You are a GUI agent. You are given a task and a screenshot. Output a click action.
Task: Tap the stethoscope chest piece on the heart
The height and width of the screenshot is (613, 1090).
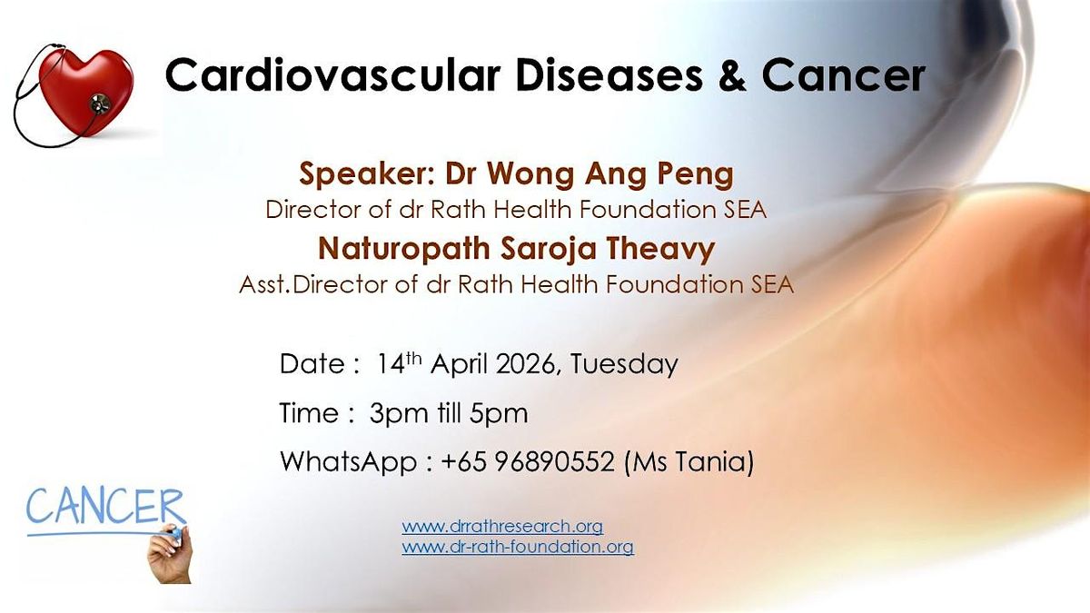pyautogui.click(x=100, y=104)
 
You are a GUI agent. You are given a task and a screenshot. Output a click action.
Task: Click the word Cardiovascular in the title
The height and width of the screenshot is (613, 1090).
pyautogui.click(x=333, y=75)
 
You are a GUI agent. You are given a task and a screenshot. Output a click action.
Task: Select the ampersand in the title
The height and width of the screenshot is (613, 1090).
pyautogui.click(x=731, y=75)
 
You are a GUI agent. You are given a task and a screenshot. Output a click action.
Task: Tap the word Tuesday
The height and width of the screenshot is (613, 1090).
pyautogui.click(x=624, y=365)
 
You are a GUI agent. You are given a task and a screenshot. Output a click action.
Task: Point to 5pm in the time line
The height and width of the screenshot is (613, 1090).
pyautogui.click(x=499, y=414)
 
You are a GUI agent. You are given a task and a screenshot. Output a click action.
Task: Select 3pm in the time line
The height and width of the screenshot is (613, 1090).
pyautogui.click(x=399, y=414)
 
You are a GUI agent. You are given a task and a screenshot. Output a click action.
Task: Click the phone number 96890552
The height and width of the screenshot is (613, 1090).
pyautogui.click(x=555, y=461)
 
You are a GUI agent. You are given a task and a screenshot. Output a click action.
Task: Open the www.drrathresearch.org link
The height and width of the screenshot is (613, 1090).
pyautogui.click(x=502, y=527)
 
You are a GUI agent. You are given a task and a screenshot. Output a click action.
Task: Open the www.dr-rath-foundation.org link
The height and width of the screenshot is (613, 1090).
pyautogui.click(x=518, y=547)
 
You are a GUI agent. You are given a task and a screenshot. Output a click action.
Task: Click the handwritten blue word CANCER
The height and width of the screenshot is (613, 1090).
pyautogui.click(x=105, y=508)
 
